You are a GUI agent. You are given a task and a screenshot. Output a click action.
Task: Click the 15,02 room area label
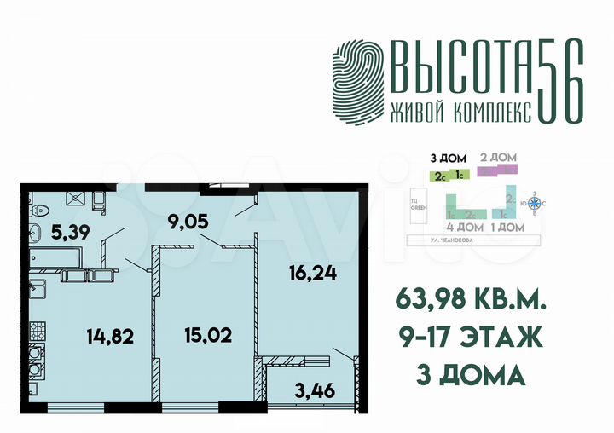[209, 333]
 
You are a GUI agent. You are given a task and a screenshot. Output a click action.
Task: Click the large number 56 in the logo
[562, 83]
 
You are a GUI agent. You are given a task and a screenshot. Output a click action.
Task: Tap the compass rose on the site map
[536, 203]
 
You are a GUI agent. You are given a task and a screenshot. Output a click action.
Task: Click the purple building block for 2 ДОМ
[499, 170]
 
